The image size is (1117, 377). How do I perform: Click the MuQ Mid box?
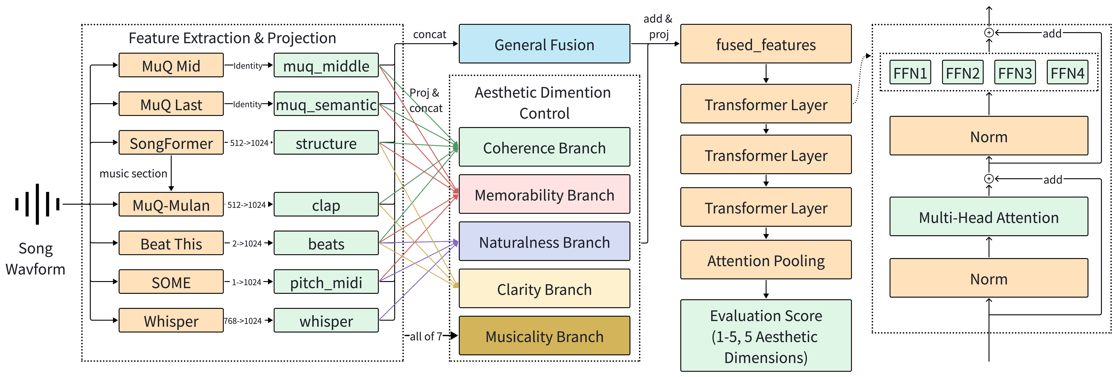[x=171, y=66]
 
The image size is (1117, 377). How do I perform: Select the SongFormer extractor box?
[x=171, y=143]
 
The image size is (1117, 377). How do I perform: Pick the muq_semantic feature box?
[x=326, y=104]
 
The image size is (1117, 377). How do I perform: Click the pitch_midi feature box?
[x=326, y=282]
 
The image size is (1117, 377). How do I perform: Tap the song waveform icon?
[x=37, y=204]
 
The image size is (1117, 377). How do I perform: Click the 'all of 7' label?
[x=426, y=336]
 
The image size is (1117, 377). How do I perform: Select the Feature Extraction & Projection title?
[x=232, y=38]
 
